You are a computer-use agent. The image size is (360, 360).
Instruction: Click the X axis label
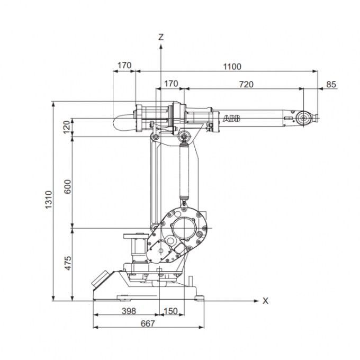pos(266,301)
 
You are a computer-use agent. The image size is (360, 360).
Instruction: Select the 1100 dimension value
pos(232,66)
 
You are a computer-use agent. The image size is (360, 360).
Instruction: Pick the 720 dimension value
pos(246,84)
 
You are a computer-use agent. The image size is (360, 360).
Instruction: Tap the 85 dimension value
pos(331,84)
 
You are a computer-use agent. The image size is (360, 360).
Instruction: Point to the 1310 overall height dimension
pos(49,200)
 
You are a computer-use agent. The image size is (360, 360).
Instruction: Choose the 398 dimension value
pos(128,311)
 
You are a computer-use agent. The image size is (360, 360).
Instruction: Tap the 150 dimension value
pos(171,311)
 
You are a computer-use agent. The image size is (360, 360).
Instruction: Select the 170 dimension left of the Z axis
pos(124,66)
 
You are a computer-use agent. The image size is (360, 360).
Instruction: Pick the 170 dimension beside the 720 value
pos(171,84)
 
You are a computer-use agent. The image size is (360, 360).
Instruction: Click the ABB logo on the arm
pos(231,119)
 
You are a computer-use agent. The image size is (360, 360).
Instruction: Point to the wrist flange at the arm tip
pos(303,118)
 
